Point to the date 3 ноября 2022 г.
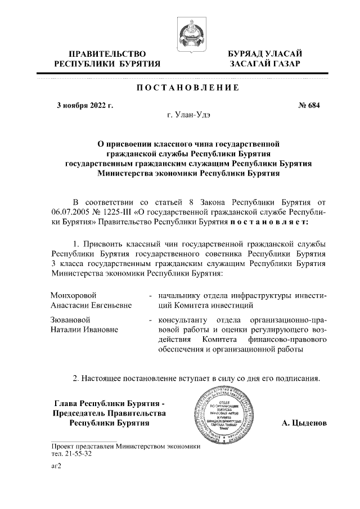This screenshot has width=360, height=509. click(85, 105)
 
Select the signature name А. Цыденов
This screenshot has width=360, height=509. click(304, 422)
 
